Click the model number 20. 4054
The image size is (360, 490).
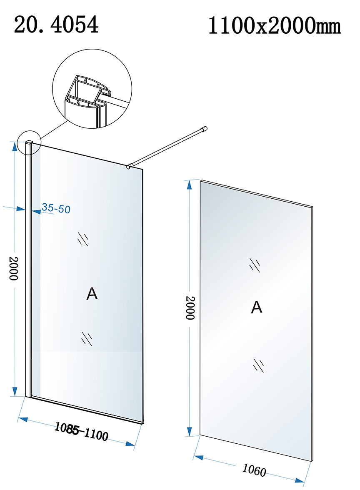click(56, 25)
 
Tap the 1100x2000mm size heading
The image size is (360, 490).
click(274, 26)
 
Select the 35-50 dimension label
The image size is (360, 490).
click(56, 208)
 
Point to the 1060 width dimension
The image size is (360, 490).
click(254, 470)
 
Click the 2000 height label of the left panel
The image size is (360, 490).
click(13, 268)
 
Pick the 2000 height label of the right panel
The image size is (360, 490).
click(190, 308)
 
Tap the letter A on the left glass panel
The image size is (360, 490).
click(92, 294)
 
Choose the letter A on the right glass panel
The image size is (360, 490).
click(257, 307)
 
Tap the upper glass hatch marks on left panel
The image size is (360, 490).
click(83, 239)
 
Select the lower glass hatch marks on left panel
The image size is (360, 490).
click(87, 338)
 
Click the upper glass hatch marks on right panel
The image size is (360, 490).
click(255, 265)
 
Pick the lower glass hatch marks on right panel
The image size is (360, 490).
click(259, 365)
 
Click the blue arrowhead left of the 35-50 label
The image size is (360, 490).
click(36, 212)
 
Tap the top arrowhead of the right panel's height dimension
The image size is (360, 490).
click(189, 185)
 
